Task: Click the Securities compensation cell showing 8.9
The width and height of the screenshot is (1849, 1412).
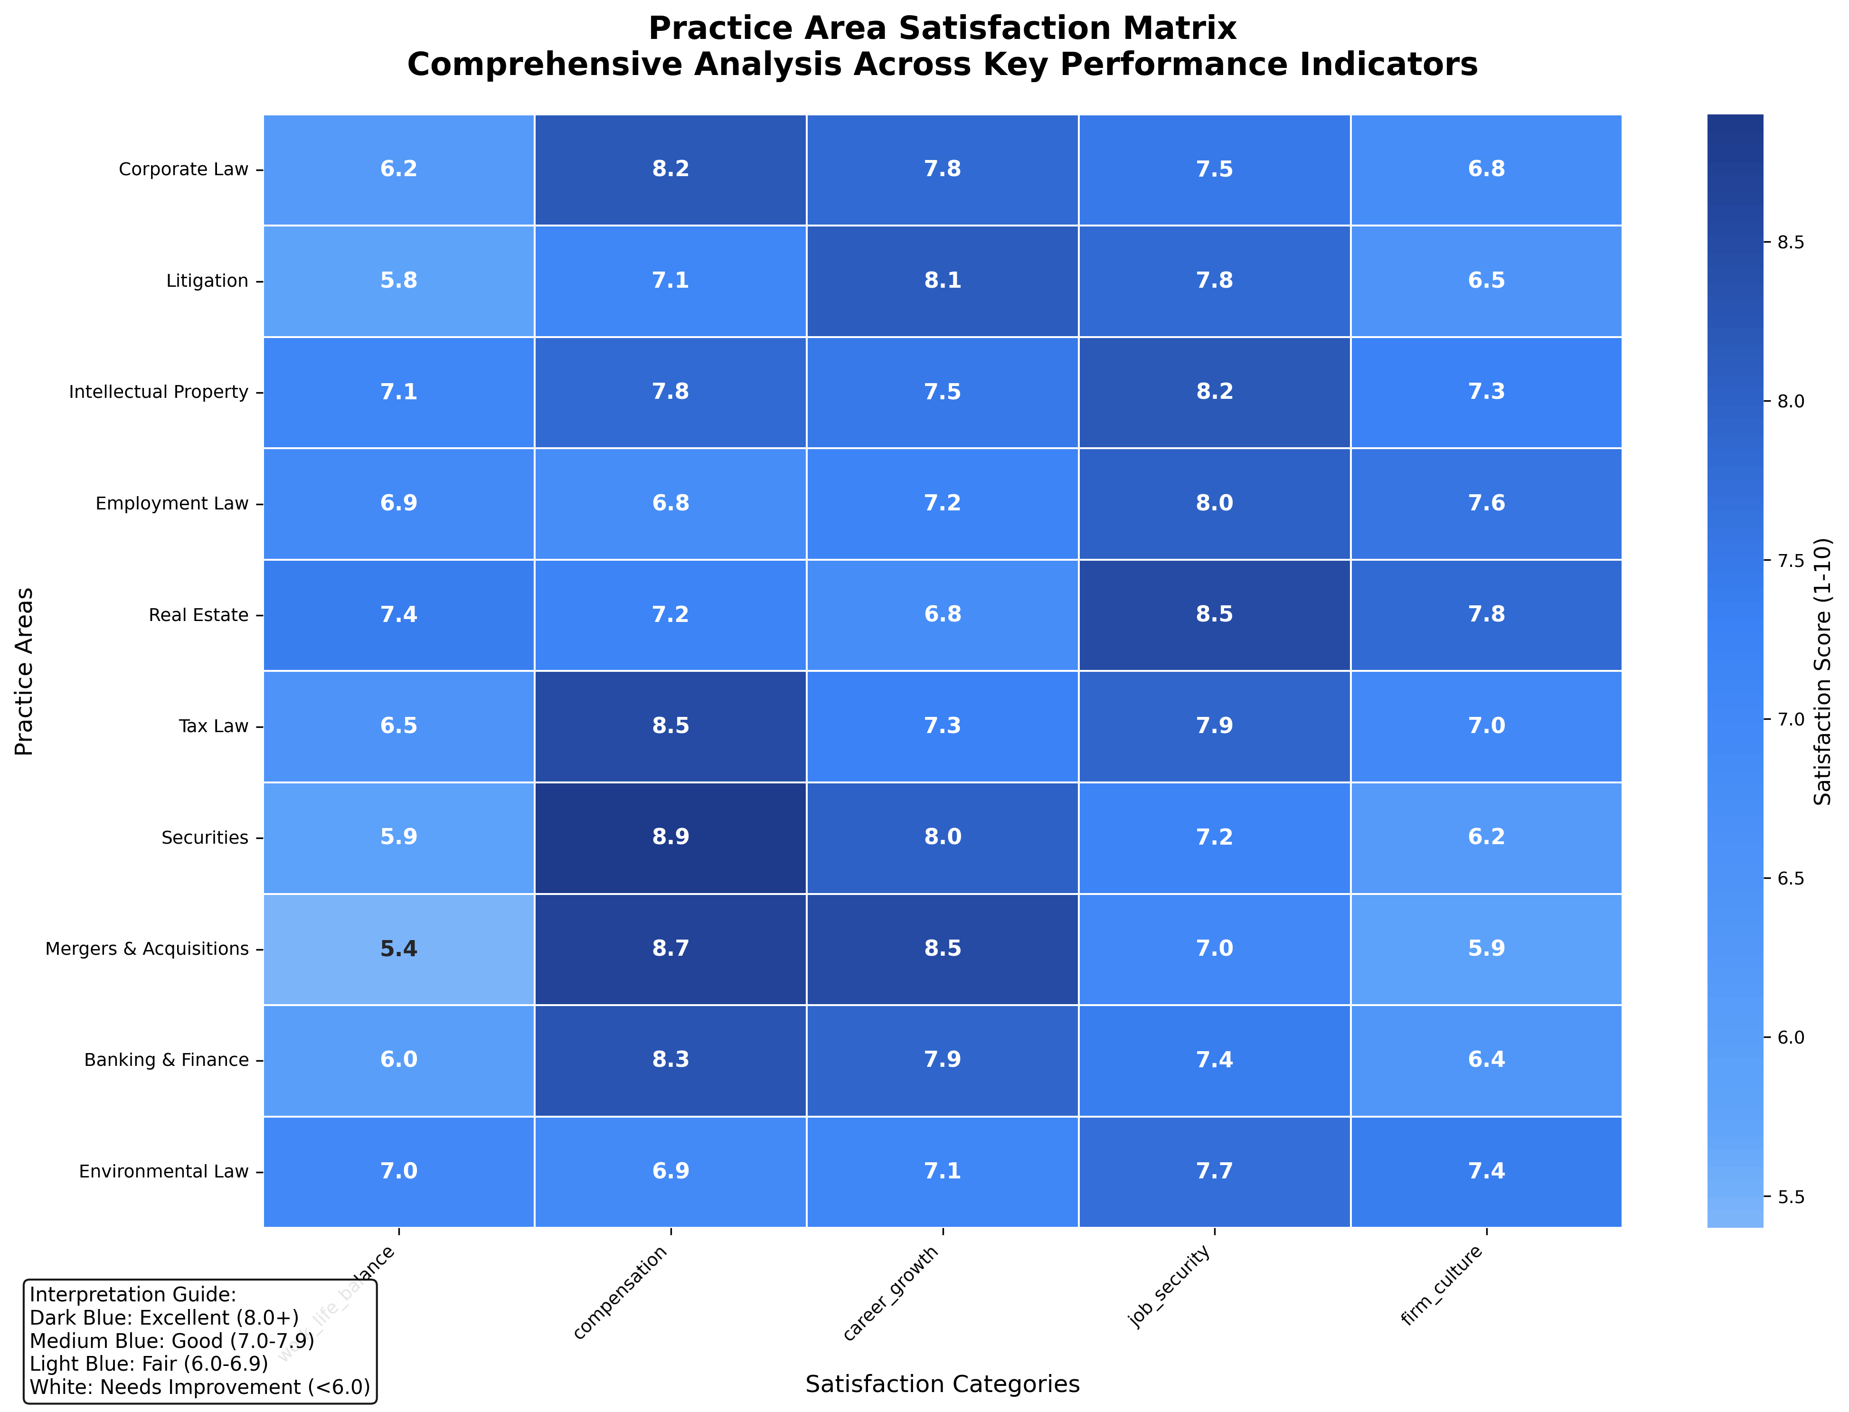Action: (x=670, y=837)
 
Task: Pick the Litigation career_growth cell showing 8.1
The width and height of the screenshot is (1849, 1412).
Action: (x=942, y=280)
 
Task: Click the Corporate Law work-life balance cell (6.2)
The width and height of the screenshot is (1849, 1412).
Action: (x=398, y=169)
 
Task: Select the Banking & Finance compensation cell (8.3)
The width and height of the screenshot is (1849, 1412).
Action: (x=670, y=1060)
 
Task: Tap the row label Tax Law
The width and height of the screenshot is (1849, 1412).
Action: (x=214, y=726)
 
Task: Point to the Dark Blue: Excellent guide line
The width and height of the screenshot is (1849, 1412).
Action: (x=164, y=1318)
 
